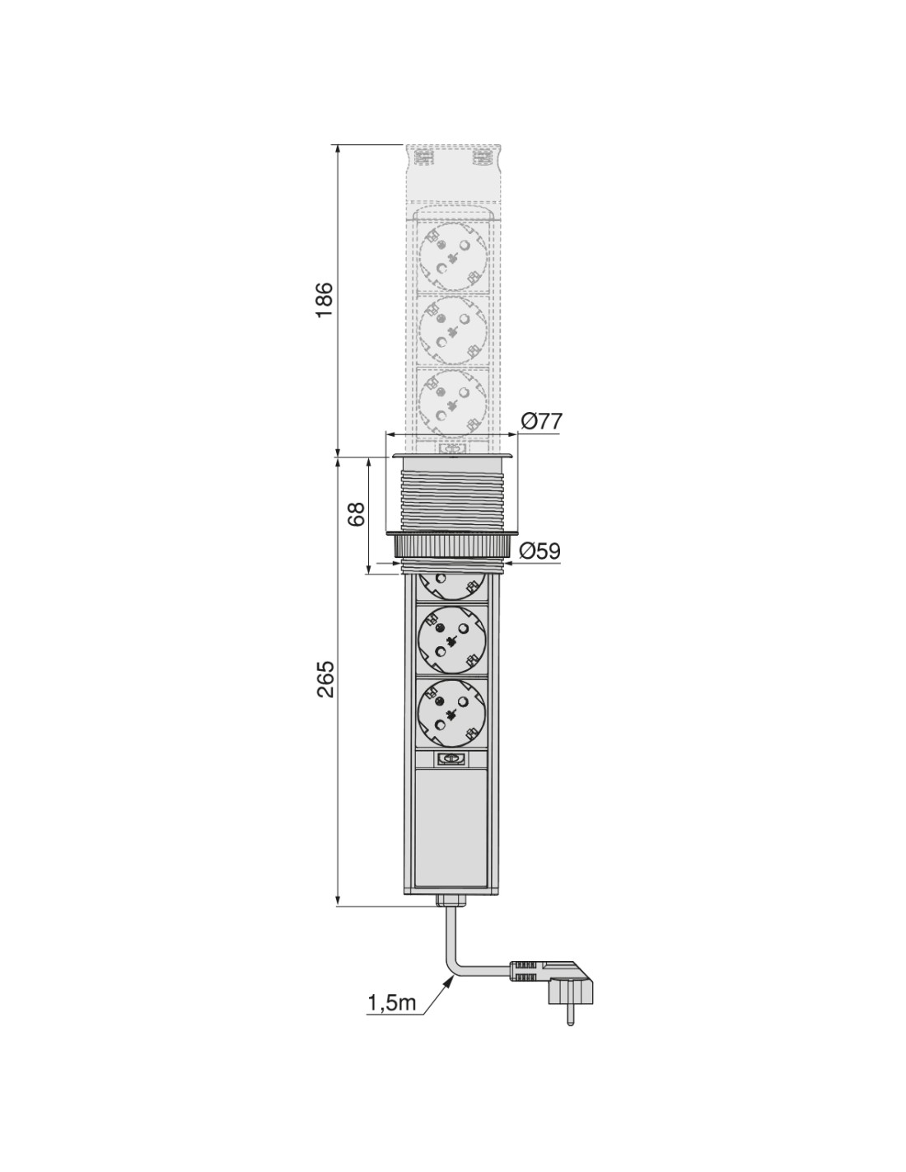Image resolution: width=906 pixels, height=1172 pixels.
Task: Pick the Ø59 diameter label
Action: click(540, 551)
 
